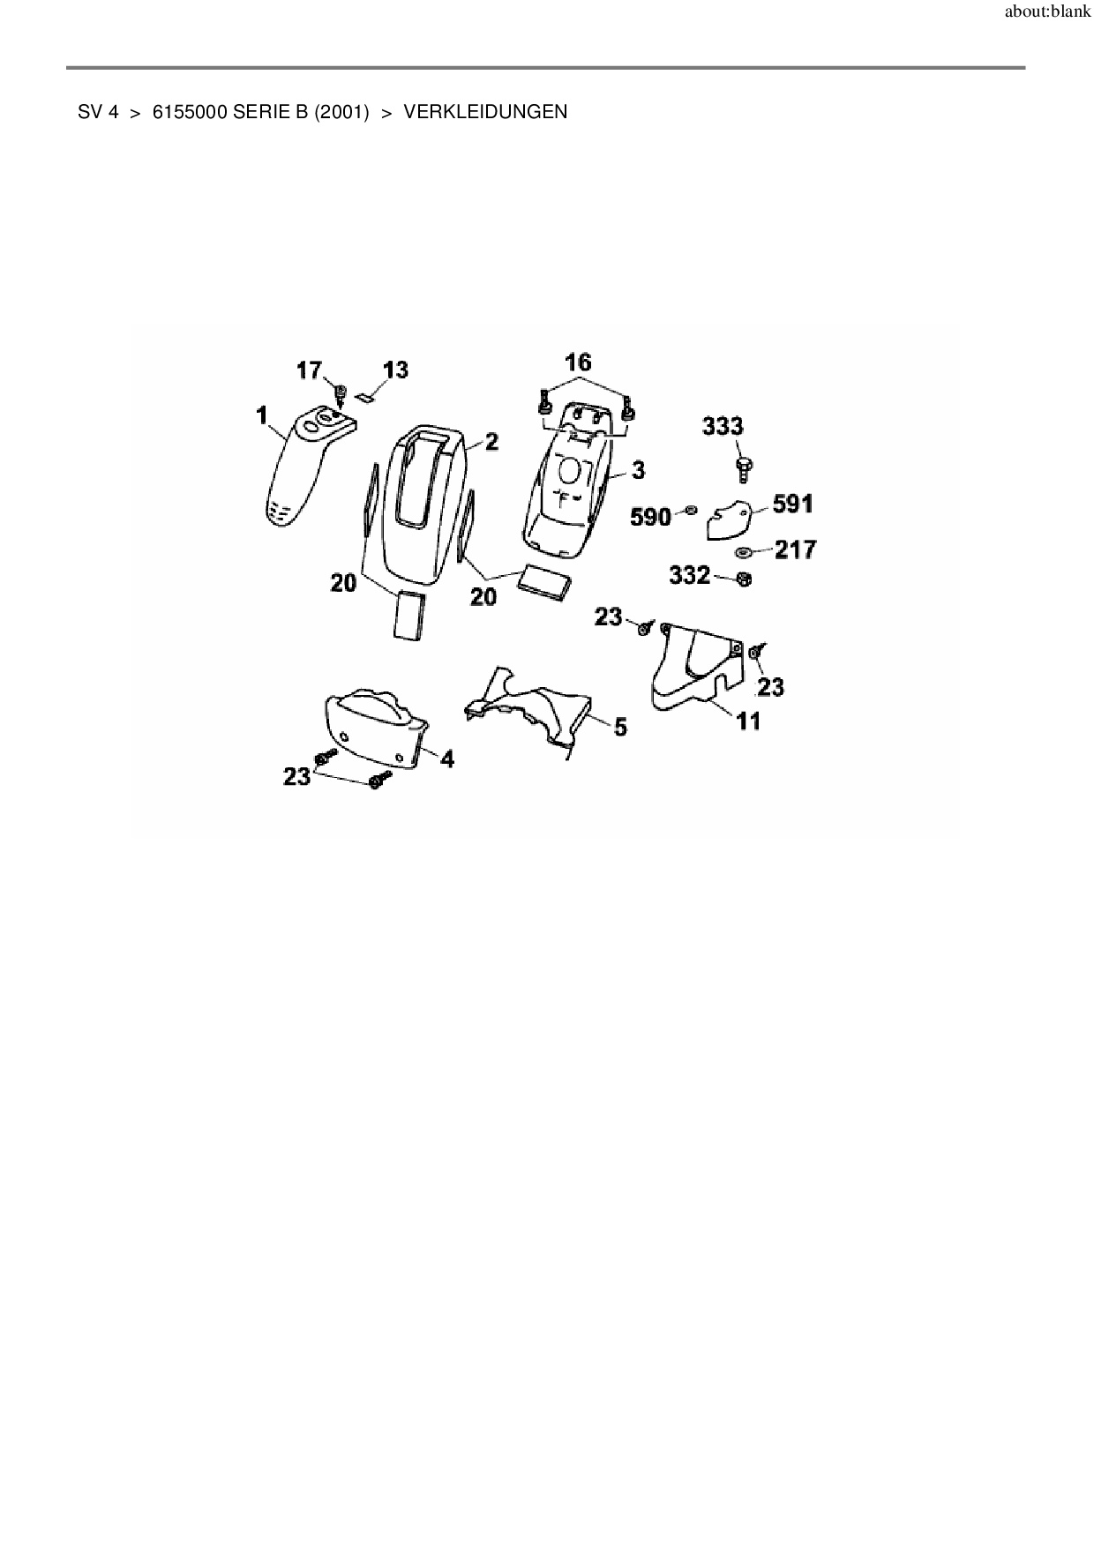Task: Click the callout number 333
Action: tap(723, 427)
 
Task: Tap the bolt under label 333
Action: tap(741, 466)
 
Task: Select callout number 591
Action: tap(792, 504)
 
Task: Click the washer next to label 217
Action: tap(743, 553)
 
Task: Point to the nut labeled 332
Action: tap(743, 579)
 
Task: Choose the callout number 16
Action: tap(578, 362)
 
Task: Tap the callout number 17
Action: tap(309, 370)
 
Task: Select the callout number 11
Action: tap(748, 721)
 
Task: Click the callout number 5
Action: tap(620, 727)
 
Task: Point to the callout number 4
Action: tap(447, 758)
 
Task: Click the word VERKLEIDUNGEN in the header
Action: tap(485, 112)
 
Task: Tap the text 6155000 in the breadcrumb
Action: tap(191, 112)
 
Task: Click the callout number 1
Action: tap(262, 415)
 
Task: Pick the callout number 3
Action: tap(637, 470)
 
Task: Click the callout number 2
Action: tap(491, 442)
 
